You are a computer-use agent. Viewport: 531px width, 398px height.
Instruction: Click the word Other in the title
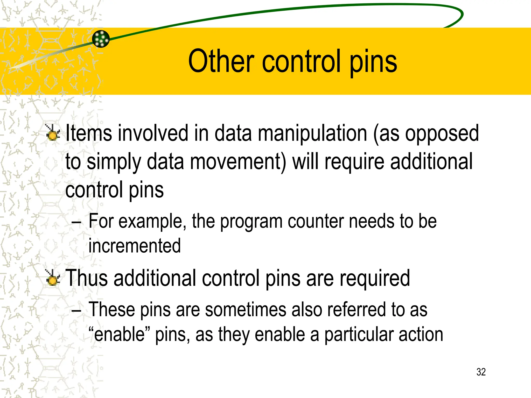(221, 61)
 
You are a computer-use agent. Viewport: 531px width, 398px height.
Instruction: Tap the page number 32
(481, 372)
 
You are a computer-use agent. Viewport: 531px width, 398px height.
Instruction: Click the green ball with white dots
(101, 39)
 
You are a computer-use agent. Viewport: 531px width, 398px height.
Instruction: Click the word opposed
(442, 134)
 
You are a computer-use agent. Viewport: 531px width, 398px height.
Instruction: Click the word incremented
(135, 246)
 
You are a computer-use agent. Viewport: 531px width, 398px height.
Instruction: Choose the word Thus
(87, 278)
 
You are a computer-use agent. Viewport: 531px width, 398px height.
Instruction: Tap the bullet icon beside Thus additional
(53, 278)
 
